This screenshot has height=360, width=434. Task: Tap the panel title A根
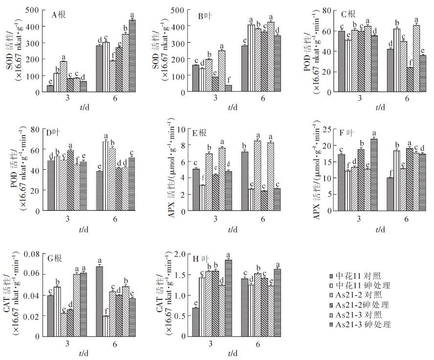59,14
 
